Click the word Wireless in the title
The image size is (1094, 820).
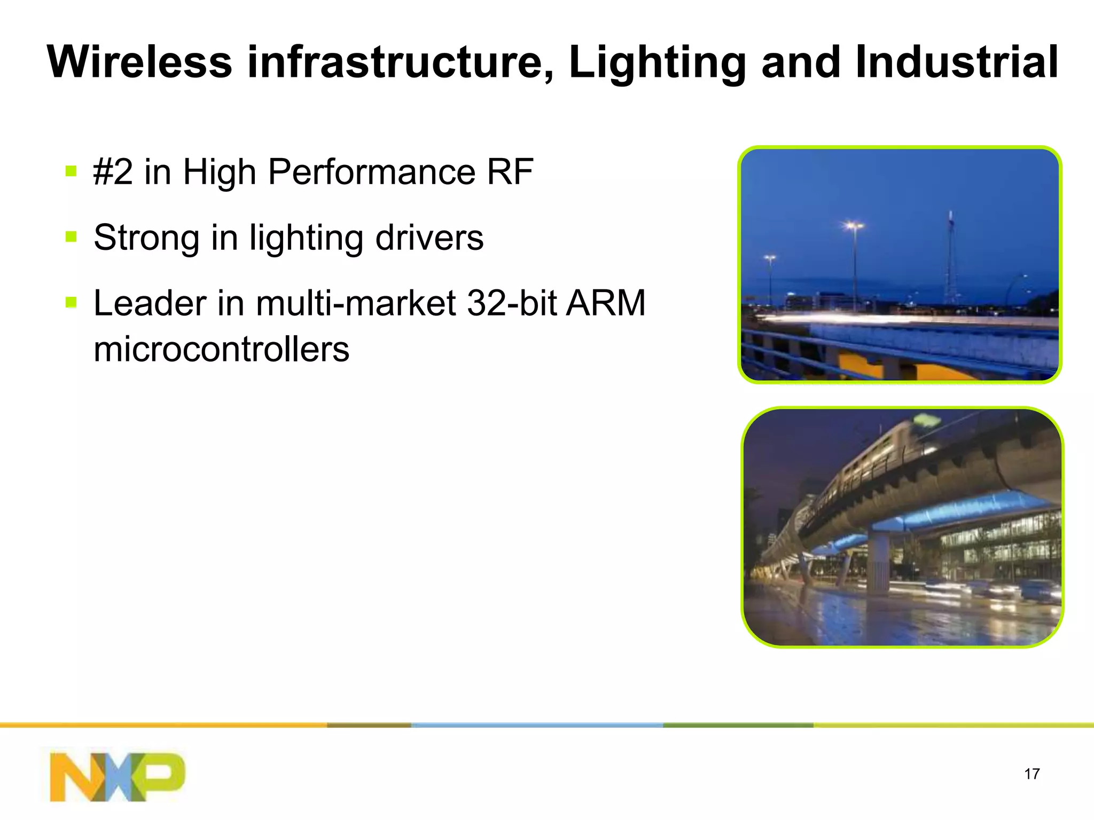[140, 62]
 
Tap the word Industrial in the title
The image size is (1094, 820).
[956, 62]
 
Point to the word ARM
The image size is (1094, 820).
[606, 303]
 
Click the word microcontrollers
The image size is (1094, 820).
[221, 349]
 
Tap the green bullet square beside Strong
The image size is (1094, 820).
[71, 236]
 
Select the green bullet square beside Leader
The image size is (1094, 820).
[71, 302]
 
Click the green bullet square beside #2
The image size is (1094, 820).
[71, 171]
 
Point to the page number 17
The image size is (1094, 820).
[1032, 774]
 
